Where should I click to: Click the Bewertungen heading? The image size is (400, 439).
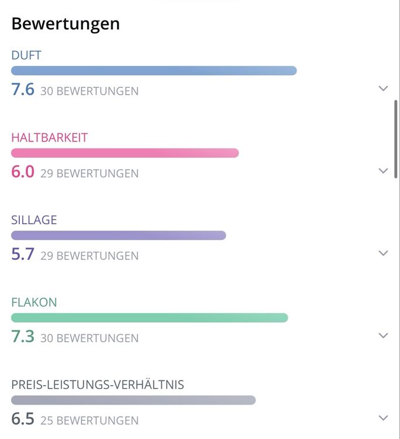click(x=65, y=24)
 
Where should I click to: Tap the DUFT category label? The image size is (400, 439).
click(x=26, y=56)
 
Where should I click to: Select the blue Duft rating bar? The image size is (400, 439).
click(x=154, y=71)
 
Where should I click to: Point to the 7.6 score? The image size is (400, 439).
click(x=23, y=90)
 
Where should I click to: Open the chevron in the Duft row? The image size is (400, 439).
click(x=383, y=88)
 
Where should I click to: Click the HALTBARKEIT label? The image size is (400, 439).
click(x=50, y=138)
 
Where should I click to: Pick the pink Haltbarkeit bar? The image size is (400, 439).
click(x=125, y=153)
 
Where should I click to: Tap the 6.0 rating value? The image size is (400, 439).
click(x=23, y=172)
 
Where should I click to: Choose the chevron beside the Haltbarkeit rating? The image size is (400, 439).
click(x=383, y=171)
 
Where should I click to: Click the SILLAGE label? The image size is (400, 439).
click(x=34, y=220)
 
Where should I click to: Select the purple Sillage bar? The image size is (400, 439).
click(x=119, y=235)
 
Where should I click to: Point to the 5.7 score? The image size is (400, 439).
click(x=23, y=254)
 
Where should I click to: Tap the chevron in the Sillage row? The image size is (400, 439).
click(x=383, y=253)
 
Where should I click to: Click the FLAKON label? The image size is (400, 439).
click(x=34, y=303)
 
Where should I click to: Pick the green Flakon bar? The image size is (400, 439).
click(x=150, y=317)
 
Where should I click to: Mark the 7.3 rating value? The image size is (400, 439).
click(x=23, y=336)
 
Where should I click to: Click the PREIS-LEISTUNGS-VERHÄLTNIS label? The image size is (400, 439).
click(x=98, y=384)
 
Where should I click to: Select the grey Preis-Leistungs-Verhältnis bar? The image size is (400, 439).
click(x=133, y=400)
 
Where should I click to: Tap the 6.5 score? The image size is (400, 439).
click(x=23, y=419)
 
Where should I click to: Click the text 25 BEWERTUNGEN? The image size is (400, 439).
click(x=89, y=420)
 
